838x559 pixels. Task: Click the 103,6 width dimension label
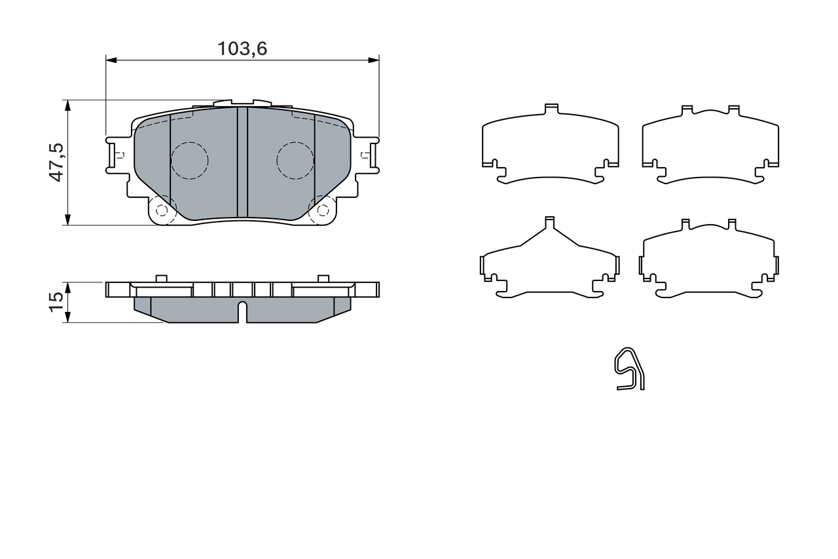(242, 48)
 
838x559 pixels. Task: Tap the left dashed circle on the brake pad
(189, 161)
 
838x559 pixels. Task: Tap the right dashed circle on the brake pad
(295, 161)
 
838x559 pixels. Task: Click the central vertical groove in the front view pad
(242, 162)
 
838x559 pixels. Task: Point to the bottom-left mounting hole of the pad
(162, 210)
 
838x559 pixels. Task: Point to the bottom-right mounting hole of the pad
(323, 210)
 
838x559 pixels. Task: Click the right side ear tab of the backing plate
(369, 155)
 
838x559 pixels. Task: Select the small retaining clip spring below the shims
(629, 369)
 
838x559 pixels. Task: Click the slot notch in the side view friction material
(242, 311)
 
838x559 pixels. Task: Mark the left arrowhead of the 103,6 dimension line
(110, 60)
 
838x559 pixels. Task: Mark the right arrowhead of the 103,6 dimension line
(374, 60)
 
